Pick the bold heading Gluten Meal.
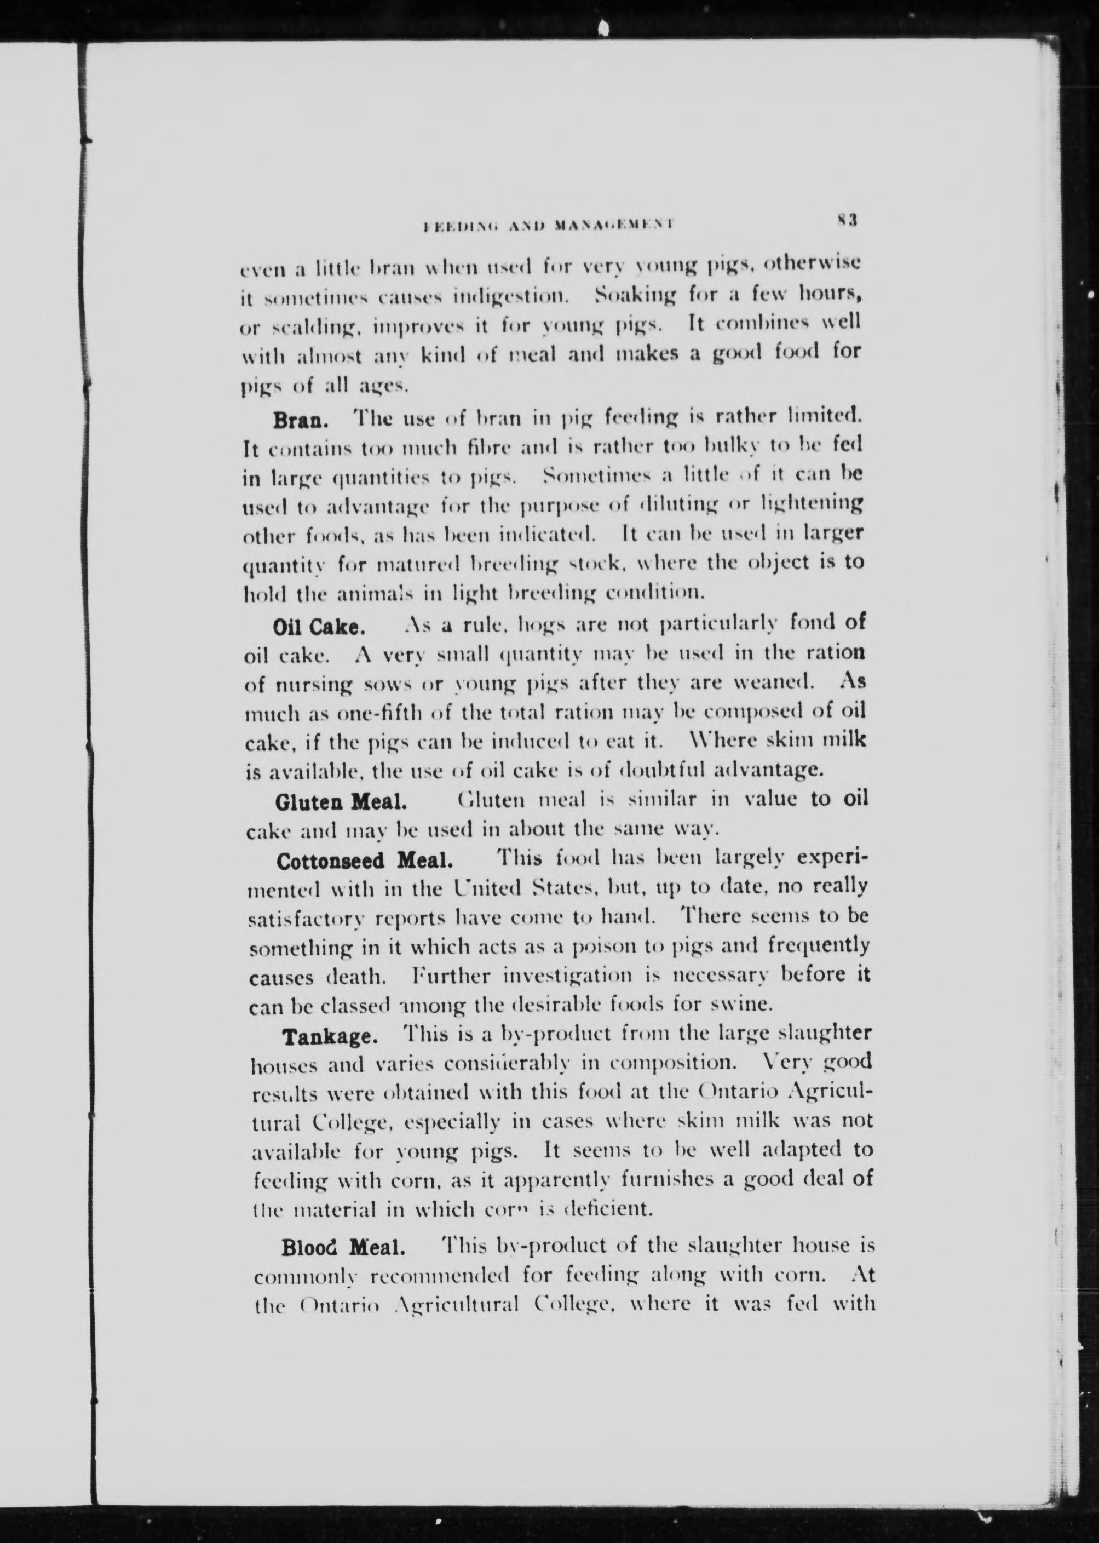pyautogui.click(x=341, y=801)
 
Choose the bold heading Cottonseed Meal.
pyautogui.click(x=364, y=861)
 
